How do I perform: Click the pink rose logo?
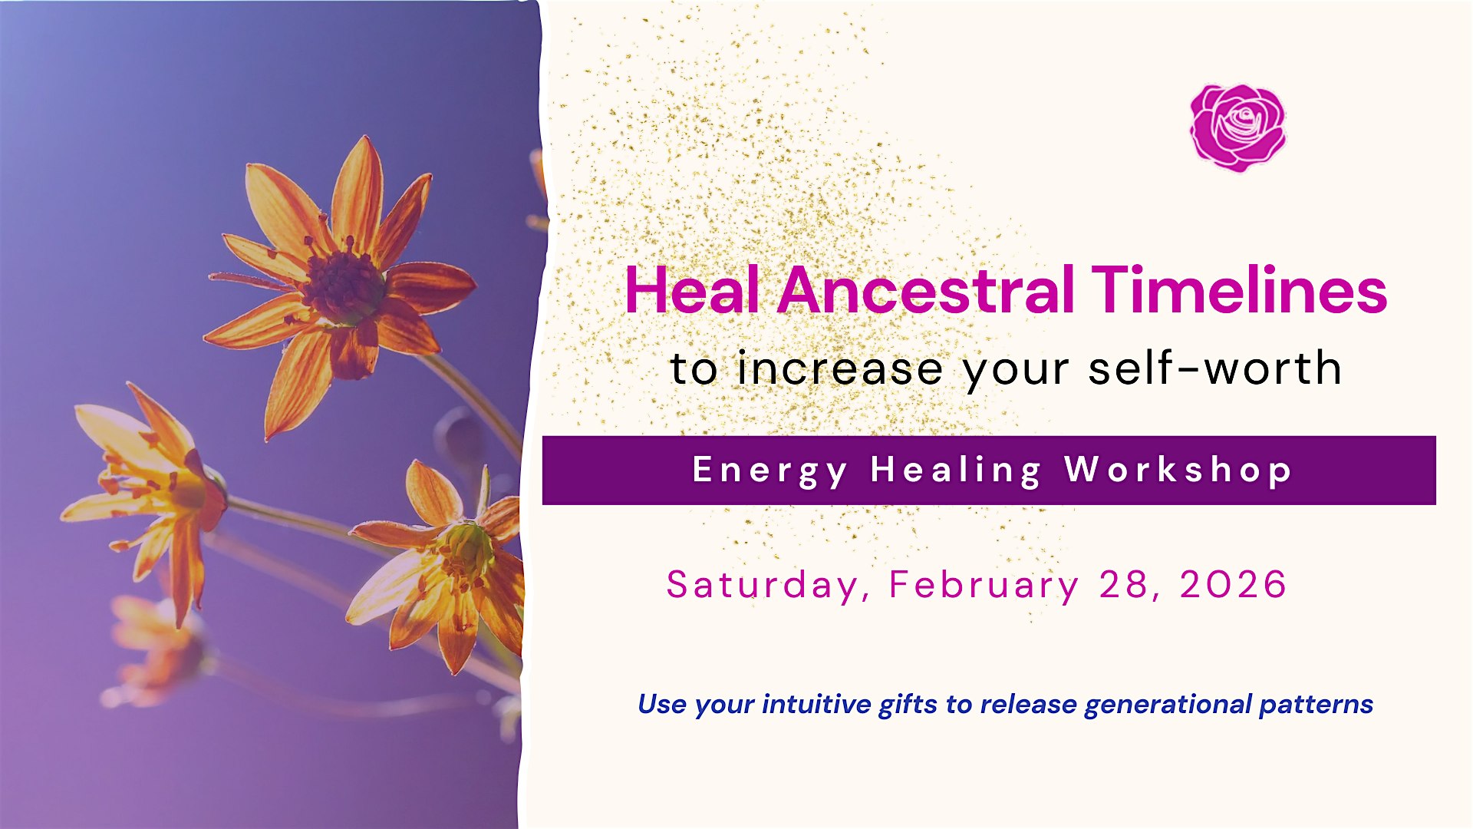click(1237, 127)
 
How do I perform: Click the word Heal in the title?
click(692, 290)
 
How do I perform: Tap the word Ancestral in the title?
click(925, 290)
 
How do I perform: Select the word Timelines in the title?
click(1239, 290)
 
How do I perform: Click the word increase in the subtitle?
click(839, 368)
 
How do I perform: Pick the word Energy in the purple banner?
click(769, 471)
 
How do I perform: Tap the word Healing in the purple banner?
click(956, 471)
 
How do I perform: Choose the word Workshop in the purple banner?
click(1178, 470)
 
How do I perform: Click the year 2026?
click(1233, 584)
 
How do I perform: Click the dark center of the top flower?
click(343, 286)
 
